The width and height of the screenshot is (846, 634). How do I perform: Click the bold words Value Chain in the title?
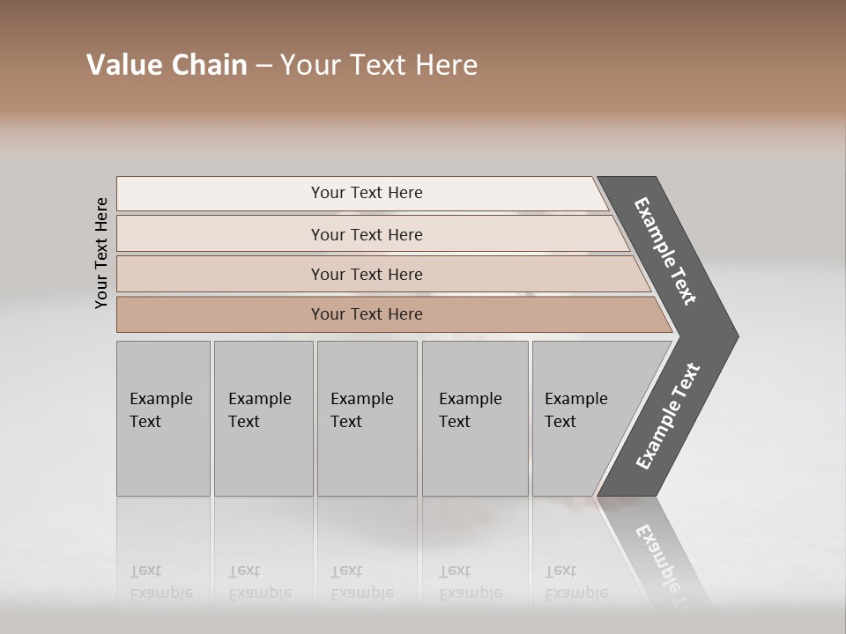(167, 65)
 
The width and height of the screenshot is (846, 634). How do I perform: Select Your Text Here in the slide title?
(379, 65)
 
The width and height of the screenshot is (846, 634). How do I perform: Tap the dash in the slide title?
(263, 66)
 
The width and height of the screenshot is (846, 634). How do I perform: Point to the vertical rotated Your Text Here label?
(101, 253)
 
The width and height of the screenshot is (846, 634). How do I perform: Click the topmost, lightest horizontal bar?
(366, 193)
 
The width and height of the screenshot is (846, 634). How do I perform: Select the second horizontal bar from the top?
(366, 234)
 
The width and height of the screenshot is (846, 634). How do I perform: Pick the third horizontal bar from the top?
(366, 274)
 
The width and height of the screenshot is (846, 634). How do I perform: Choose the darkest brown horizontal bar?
(366, 314)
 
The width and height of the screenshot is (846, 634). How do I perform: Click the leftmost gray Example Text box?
(163, 418)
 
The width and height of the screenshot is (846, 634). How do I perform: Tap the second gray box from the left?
(263, 418)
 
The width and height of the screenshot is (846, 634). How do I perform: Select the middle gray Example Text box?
(367, 418)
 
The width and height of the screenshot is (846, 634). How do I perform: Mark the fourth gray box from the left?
(475, 418)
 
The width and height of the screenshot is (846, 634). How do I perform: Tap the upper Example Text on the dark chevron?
(666, 251)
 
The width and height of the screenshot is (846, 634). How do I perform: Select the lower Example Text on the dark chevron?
(668, 417)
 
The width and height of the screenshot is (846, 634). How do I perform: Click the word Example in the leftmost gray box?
(160, 399)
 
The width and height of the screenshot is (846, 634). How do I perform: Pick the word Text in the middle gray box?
(346, 422)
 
